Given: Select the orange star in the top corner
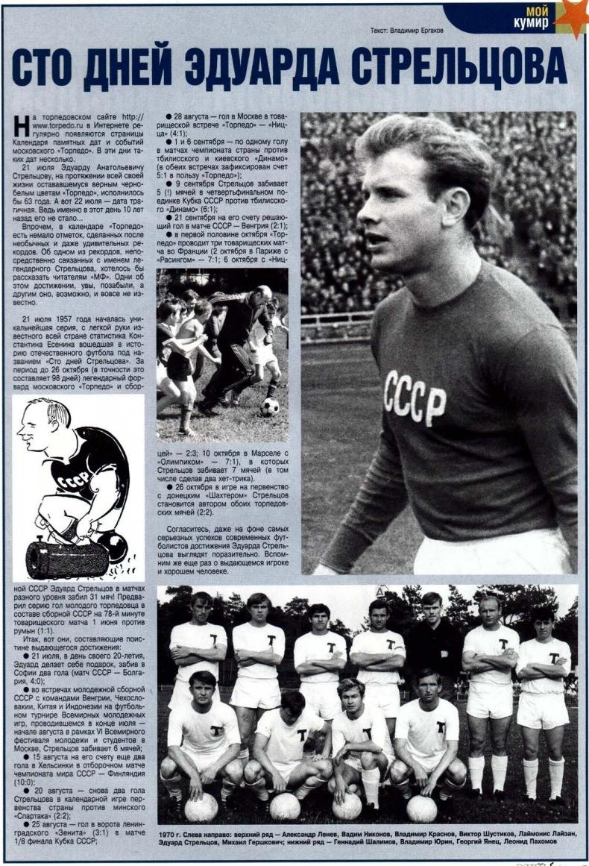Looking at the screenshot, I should [573, 16].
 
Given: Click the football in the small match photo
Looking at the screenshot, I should [269, 407].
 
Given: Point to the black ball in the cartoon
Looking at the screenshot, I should [112, 545].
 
